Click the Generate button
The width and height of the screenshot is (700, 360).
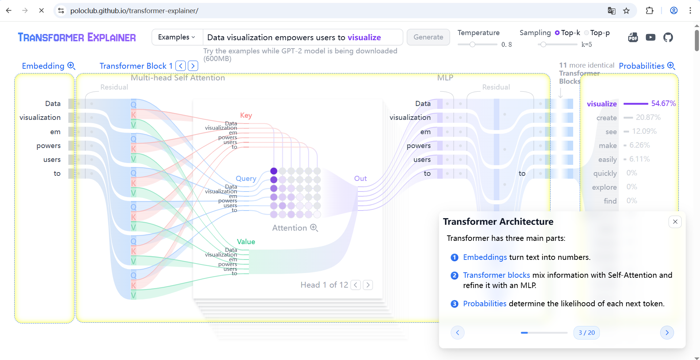(x=428, y=37)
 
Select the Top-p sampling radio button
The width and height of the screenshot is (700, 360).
(x=587, y=33)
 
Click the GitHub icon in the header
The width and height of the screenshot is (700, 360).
(x=668, y=37)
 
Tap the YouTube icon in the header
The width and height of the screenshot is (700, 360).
(x=650, y=37)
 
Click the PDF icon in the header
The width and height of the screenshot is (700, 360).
(x=633, y=37)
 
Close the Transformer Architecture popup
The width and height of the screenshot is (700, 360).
(x=675, y=222)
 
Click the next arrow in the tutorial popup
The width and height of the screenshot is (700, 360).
(x=667, y=333)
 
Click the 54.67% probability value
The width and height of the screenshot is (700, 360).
(x=663, y=103)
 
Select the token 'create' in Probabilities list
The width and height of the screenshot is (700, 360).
(x=606, y=118)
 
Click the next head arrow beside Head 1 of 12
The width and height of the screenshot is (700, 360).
(x=368, y=285)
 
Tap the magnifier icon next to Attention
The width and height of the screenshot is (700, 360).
(x=314, y=228)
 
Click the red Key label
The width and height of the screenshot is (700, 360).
(x=246, y=115)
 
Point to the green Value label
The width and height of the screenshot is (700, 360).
(x=246, y=242)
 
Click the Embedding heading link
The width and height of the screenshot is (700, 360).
(x=43, y=66)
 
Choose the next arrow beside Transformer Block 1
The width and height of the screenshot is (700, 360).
(x=193, y=66)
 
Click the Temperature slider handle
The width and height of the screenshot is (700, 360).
(x=472, y=45)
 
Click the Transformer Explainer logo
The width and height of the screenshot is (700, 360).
(x=77, y=37)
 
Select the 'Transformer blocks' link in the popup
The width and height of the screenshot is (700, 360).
(x=496, y=275)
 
